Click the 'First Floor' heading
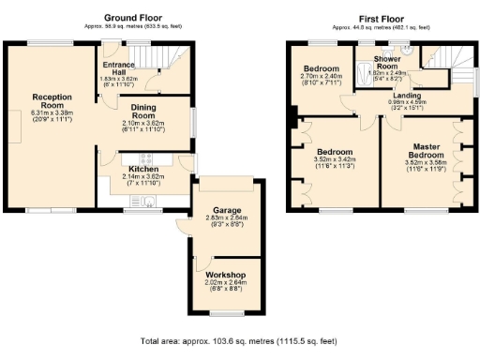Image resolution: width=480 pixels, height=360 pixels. (381, 17)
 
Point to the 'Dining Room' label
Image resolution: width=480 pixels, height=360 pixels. (142, 111)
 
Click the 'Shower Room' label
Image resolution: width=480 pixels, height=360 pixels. (387, 63)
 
